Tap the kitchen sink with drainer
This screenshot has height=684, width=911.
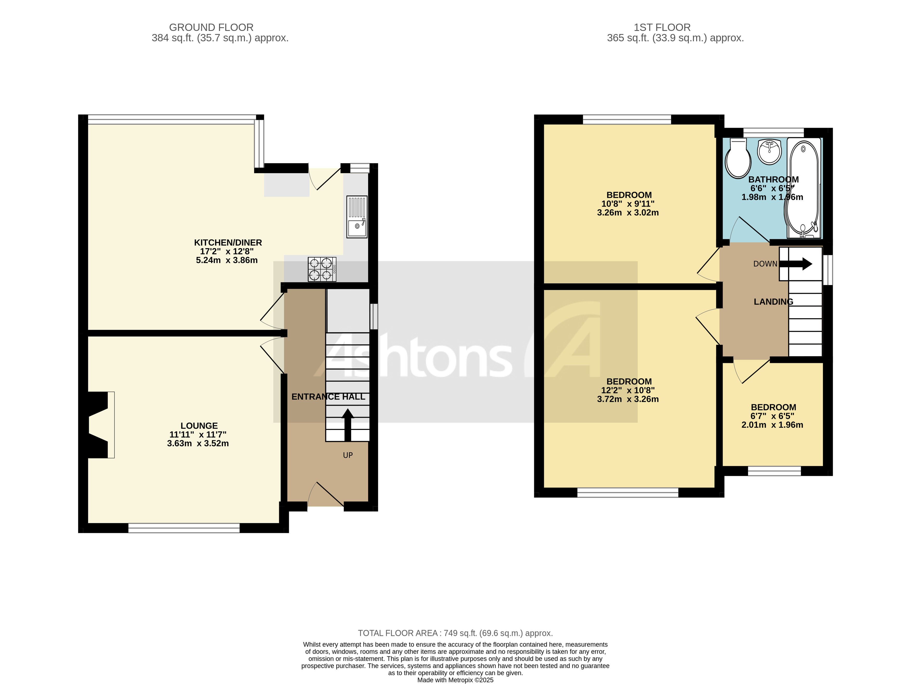(x=357, y=217)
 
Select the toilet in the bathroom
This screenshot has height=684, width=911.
(x=738, y=158)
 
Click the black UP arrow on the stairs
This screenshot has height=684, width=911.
(x=348, y=424)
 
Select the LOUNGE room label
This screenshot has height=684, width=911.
(x=199, y=426)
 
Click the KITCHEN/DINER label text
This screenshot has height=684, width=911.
(x=228, y=243)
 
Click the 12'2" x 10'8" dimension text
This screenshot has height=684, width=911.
(x=628, y=390)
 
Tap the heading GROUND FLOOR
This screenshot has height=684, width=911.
(x=211, y=28)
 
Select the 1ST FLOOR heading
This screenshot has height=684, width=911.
(x=662, y=28)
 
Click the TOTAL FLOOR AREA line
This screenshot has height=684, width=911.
(x=455, y=633)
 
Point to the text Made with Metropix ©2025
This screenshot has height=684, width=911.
(x=455, y=680)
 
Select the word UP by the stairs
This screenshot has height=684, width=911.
(x=348, y=455)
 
